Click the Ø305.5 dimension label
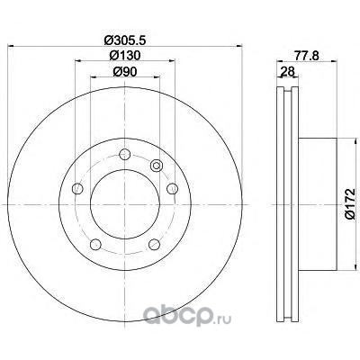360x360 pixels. pos(125,40)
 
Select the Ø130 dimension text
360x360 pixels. pos(125,55)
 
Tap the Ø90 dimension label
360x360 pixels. pos(125,71)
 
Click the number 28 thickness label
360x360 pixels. pos(287,71)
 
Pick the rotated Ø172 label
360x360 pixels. pos(349,204)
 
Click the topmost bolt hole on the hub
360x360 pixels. pos(125,155)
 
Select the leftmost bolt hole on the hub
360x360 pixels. pos(77,188)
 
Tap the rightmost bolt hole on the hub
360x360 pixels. pos(172,188)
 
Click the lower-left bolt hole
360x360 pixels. pos(95,244)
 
